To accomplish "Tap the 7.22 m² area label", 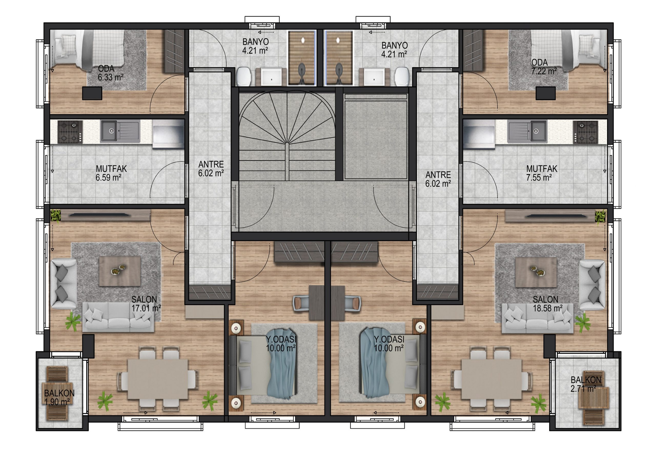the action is pos(544,71).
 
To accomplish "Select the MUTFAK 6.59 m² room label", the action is pos(111,173).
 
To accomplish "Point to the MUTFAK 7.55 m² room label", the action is pos(542,173).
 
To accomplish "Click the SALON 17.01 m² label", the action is pos(146,304).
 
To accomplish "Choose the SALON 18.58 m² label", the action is pos(547,304).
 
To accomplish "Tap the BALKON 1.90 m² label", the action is pos(59,397).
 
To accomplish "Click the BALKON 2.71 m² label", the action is pos(586,384).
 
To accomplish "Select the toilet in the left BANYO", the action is pos(244,77).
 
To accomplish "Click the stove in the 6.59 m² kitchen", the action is pos(70,132).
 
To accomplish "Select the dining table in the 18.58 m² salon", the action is pos(491,379).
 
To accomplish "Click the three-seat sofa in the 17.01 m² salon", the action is pos(118,317).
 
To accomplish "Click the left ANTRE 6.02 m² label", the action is pos(211,169).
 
